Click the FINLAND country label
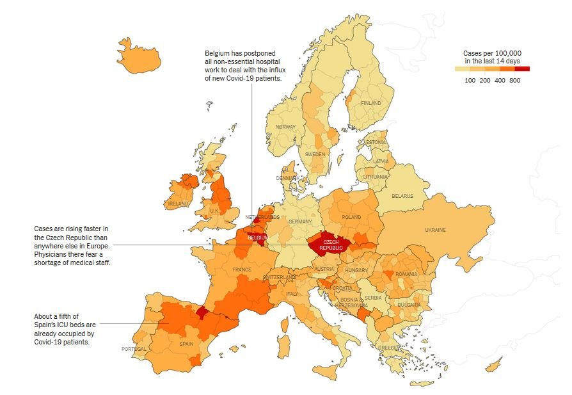click(x=370, y=103)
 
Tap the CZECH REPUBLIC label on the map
click(x=331, y=245)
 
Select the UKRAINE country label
click(x=435, y=230)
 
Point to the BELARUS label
click(x=402, y=197)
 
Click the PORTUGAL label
click(x=134, y=349)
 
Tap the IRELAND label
click(x=178, y=204)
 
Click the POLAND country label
click(x=351, y=218)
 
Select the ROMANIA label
click(x=406, y=274)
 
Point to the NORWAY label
click(x=285, y=127)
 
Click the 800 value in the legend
click(x=514, y=81)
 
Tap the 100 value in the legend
click(x=470, y=81)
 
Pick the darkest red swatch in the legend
click(x=522, y=69)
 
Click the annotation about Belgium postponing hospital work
click(x=243, y=65)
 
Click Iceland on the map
click(x=136, y=58)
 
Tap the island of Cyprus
click(x=493, y=366)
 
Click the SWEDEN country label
click(x=315, y=154)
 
